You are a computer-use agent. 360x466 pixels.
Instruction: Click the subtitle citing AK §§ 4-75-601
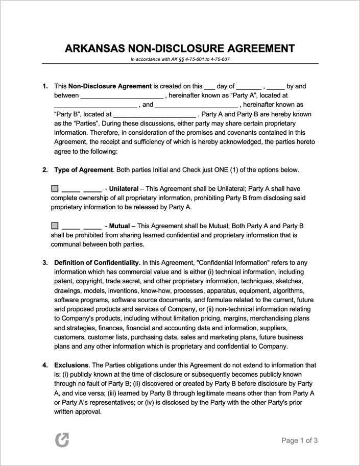(x=180, y=60)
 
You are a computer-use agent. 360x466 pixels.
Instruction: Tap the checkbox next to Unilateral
(x=55, y=188)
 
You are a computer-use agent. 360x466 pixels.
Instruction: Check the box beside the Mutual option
(x=55, y=226)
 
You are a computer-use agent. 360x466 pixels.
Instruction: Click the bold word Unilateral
(x=124, y=188)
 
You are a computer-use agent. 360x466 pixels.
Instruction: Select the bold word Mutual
(x=119, y=226)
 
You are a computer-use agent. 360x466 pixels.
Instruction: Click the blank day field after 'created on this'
(x=209, y=87)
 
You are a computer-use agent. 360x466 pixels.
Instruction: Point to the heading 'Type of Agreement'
(x=83, y=170)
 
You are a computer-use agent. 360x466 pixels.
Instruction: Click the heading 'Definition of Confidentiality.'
(x=97, y=263)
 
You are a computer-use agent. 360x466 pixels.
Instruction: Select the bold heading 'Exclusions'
(x=71, y=365)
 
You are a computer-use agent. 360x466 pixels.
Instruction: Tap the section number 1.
(x=45, y=86)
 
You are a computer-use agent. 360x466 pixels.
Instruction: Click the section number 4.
(x=45, y=365)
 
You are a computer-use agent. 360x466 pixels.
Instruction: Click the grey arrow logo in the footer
(x=62, y=440)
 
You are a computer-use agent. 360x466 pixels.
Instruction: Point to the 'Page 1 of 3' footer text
(x=300, y=440)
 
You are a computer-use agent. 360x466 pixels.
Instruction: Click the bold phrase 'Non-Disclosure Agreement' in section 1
(x=110, y=86)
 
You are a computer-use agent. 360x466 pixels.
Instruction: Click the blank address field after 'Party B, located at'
(x=154, y=114)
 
